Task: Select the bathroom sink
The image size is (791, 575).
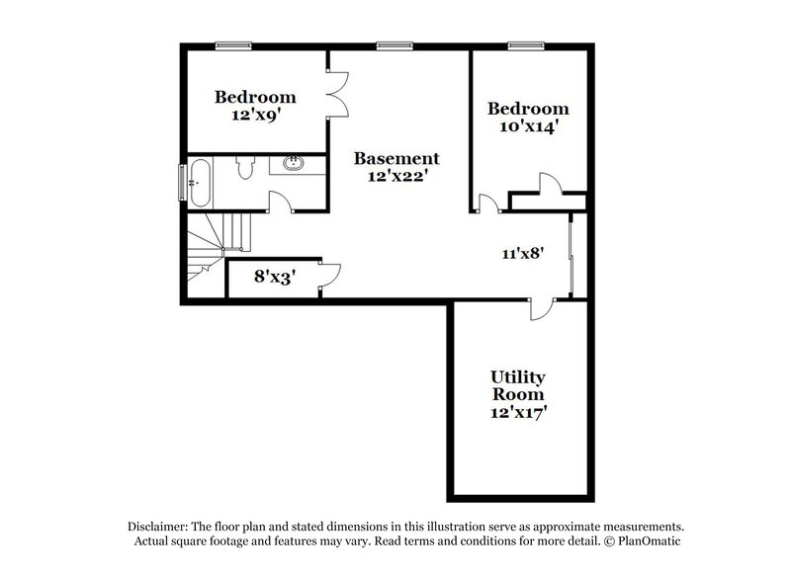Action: click(294, 165)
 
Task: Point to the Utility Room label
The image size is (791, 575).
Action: click(518, 386)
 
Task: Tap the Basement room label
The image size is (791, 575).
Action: click(396, 157)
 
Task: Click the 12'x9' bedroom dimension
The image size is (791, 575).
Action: click(256, 114)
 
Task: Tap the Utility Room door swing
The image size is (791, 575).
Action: click(539, 308)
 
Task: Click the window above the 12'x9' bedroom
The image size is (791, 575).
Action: click(233, 43)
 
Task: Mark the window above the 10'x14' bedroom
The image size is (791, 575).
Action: click(525, 43)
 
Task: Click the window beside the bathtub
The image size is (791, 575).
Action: click(181, 181)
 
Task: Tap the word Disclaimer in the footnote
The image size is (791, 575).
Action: click(158, 527)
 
